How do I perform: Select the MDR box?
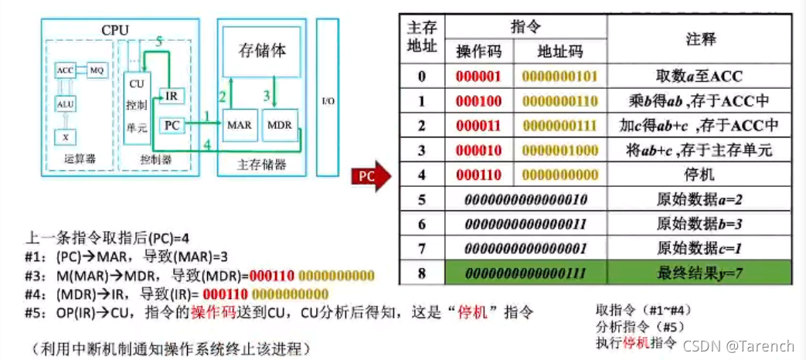coord(278,124)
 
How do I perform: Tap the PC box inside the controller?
coord(172,124)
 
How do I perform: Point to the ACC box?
coord(65,70)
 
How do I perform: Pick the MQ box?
coord(97,70)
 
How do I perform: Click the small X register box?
coord(65,136)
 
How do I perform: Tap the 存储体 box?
coord(260,53)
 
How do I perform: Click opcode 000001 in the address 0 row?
coord(479,76)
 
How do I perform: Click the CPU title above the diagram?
coord(114,30)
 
